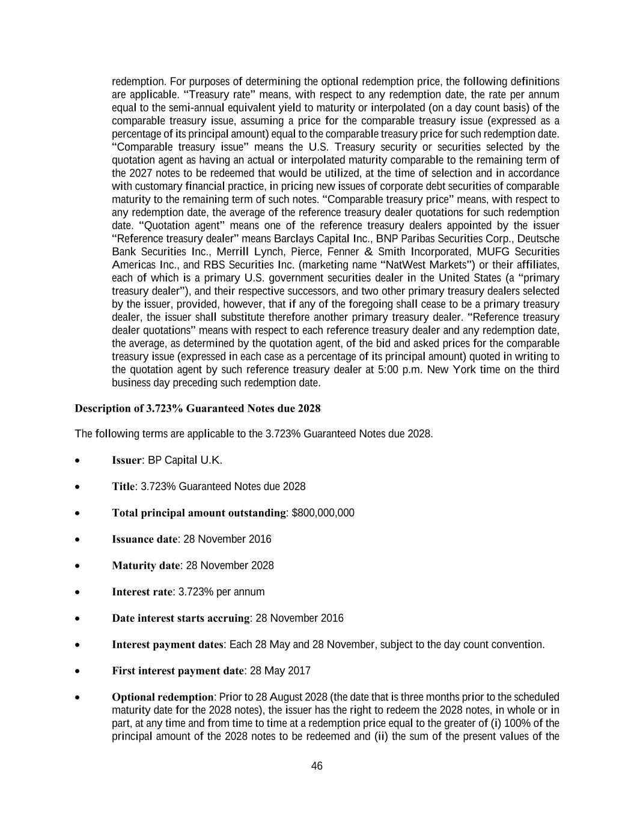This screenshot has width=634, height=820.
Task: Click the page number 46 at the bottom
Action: [x=317, y=766]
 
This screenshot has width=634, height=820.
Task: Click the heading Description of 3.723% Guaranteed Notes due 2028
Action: [x=197, y=408]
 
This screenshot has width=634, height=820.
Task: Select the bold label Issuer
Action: [x=127, y=460]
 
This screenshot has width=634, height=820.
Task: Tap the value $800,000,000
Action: [x=323, y=513]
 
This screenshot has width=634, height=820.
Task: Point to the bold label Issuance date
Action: [x=144, y=539]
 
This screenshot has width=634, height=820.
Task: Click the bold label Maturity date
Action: [x=145, y=566]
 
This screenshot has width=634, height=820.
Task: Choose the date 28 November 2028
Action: [x=230, y=566]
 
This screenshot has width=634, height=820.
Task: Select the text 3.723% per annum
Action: [x=221, y=592]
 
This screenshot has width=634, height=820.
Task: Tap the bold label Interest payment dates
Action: [x=168, y=645]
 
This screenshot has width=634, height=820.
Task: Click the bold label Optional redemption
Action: [x=162, y=697]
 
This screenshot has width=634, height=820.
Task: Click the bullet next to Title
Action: [x=78, y=487]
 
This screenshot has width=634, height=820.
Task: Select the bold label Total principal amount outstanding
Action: [x=198, y=513]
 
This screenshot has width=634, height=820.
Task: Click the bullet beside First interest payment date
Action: [x=78, y=672]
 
